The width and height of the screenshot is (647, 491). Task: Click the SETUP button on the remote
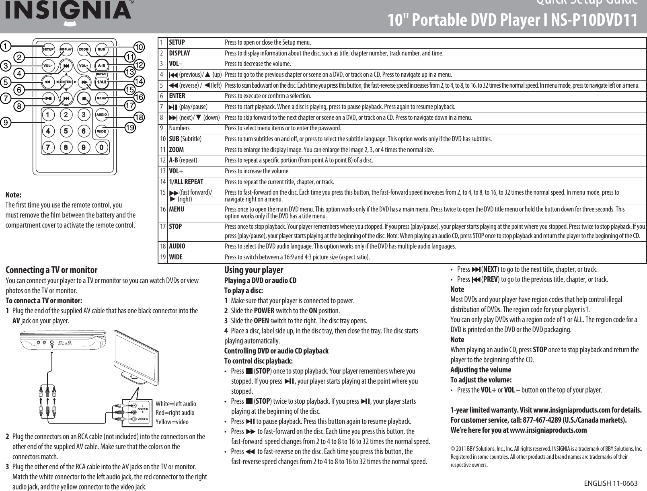48,49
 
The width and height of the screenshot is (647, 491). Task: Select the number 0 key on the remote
102,148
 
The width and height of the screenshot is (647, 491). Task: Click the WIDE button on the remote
101,131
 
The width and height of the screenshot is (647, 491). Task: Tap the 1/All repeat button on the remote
101,82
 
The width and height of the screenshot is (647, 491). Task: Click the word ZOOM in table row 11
177,150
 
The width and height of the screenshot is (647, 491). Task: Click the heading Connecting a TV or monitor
51,270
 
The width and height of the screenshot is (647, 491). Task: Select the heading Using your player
253,270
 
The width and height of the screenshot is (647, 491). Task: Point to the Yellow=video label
172,422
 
